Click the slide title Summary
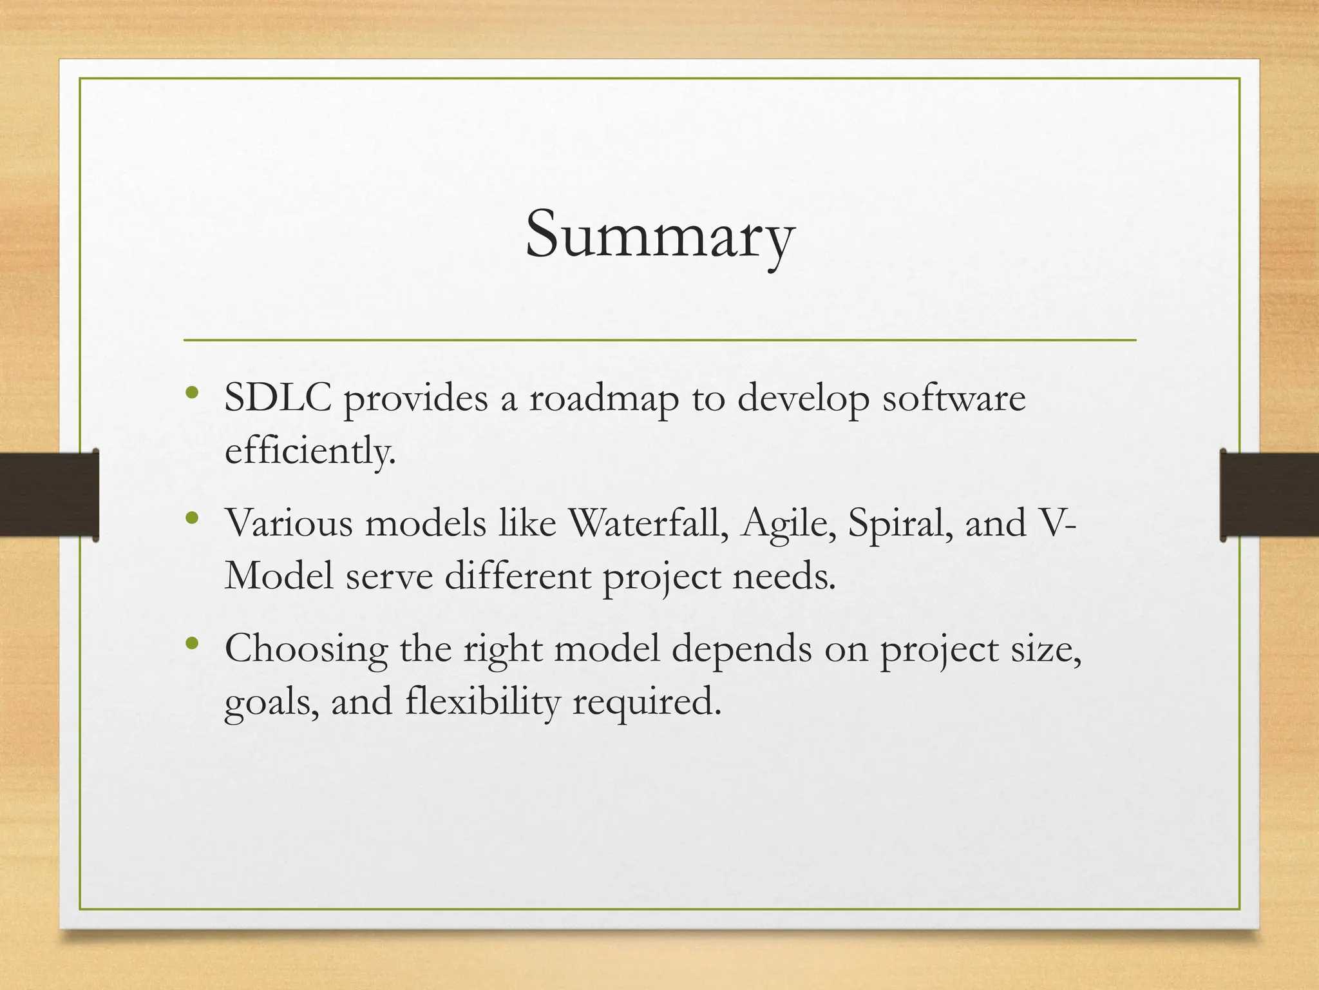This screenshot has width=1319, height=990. [659, 236]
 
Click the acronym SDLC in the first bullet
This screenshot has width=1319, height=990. [278, 398]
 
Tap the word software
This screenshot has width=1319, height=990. [953, 398]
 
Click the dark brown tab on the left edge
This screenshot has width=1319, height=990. [49, 494]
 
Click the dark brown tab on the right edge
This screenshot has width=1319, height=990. [1269, 494]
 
